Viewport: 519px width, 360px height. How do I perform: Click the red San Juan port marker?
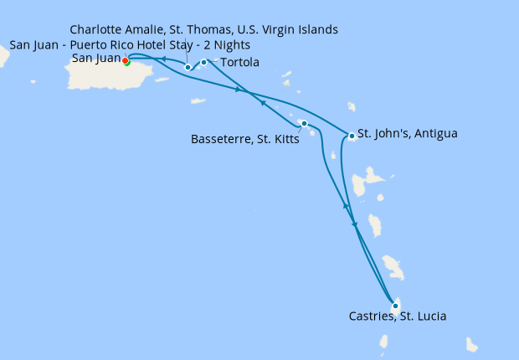125,60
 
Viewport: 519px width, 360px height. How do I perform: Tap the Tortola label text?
239,63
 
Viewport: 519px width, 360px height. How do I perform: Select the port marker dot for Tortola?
203,62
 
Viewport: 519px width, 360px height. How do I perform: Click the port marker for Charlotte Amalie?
188,67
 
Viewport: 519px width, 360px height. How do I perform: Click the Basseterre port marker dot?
304,124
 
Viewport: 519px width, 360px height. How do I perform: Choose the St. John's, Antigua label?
407,133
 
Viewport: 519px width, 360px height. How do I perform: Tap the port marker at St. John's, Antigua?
350,136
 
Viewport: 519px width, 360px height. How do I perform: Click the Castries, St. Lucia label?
397,316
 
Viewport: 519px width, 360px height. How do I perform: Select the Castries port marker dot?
395,306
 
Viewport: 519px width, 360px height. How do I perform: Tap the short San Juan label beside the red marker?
95,59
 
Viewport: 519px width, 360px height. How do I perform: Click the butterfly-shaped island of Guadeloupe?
368,184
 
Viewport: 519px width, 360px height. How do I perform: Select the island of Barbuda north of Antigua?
351,106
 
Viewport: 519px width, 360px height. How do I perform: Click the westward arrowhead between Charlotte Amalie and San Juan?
163,59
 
